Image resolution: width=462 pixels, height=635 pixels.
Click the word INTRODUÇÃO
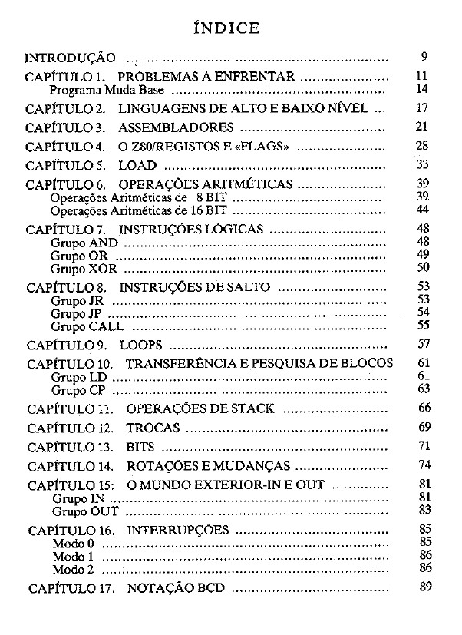coord(71,58)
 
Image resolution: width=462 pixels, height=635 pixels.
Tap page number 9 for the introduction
coord(424,57)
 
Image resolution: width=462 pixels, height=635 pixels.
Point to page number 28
coord(421,145)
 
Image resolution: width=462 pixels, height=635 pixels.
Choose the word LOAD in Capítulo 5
coord(137,165)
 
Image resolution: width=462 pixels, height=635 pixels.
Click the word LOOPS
coord(140,345)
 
